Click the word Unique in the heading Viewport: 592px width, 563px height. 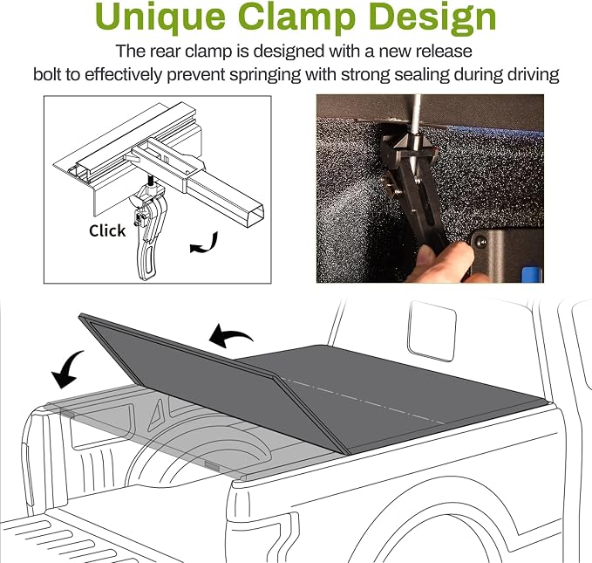click(160, 17)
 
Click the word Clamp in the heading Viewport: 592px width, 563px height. click(297, 16)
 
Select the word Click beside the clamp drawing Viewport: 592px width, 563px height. click(107, 230)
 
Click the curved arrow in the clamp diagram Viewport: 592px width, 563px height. click(205, 244)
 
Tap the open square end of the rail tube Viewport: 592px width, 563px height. click(255, 216)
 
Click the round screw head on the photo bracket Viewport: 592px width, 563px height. click(481, 241)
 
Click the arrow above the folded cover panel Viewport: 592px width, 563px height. click(231, 335)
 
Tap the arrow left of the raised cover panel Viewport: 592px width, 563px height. click(67, 368)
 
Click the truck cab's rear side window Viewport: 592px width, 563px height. click(432, 331)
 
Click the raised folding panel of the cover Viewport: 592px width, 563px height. click(211, 378)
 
